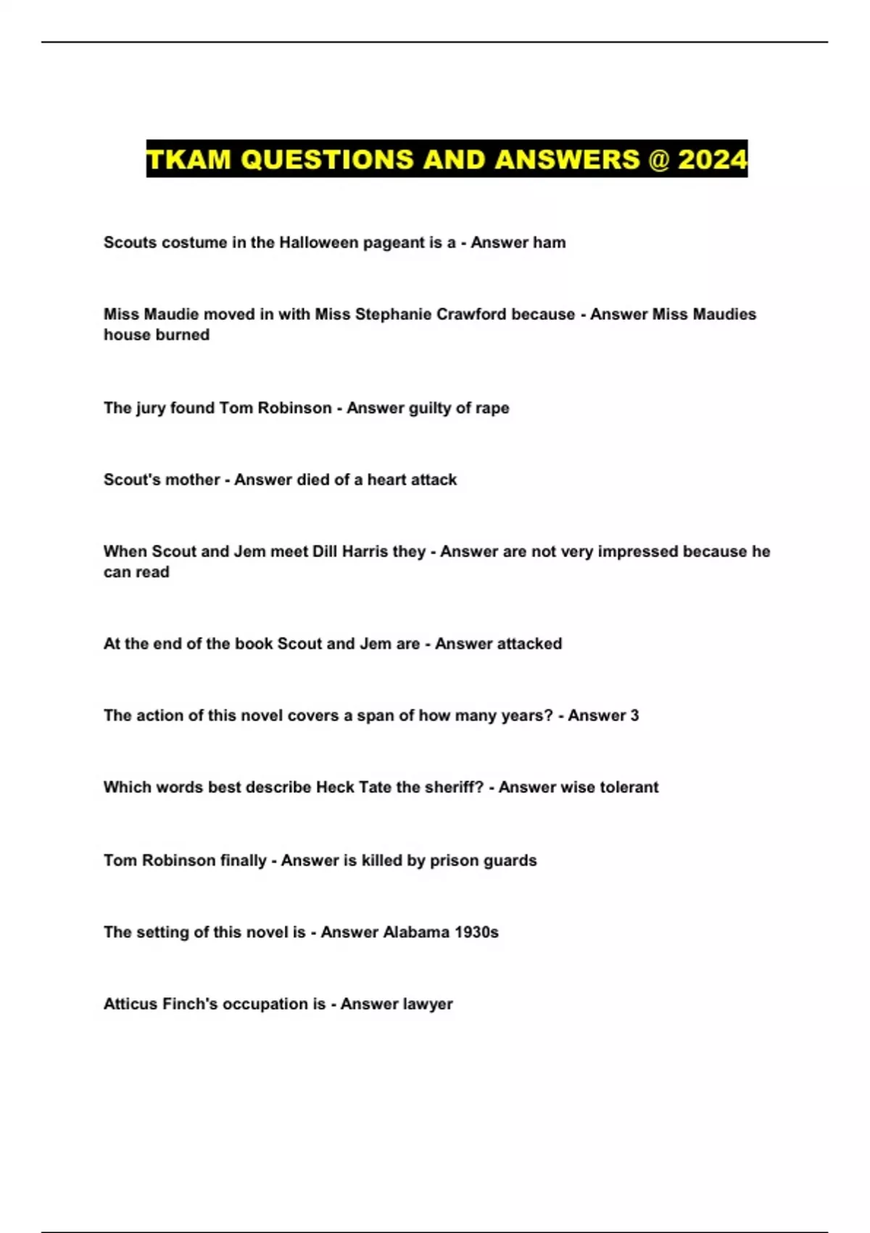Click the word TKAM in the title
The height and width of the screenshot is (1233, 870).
(x=188, y=159)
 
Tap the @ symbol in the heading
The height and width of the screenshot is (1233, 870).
(x=658, y=159)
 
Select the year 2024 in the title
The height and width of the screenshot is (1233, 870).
(x=712, y=159)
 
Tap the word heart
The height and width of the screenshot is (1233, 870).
(x=387, y=479)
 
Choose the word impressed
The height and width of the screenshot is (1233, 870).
(x=616, y=551)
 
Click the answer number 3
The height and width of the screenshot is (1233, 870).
(x=634, y=715)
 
